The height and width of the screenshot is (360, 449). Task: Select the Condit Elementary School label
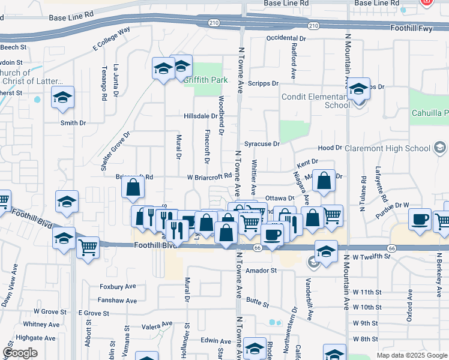pos(316,101)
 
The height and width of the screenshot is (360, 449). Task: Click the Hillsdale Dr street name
pos(200,116)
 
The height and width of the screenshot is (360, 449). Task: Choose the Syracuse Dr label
pos(262,144)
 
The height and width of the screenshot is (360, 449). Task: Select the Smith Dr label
pos(73,123)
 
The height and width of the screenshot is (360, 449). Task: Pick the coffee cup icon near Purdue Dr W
pos(420,219)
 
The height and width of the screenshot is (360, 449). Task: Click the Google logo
pos(20,353)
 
